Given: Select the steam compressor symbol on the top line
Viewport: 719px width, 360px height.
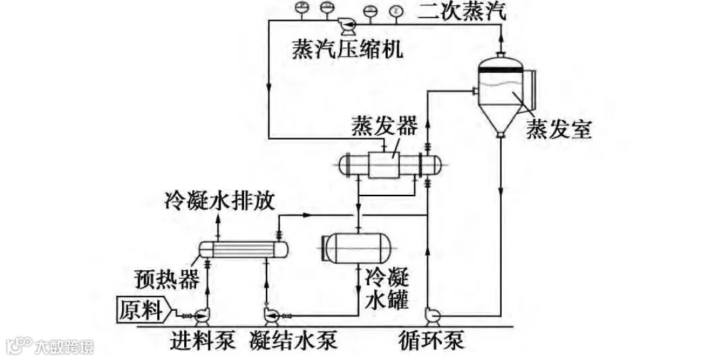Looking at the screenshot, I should pos(349,26).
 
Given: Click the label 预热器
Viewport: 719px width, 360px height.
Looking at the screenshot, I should pos(167,278).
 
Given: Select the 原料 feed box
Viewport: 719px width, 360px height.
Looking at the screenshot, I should pos(142,310).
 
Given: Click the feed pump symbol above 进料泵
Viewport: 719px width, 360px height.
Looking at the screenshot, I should pos(201,315).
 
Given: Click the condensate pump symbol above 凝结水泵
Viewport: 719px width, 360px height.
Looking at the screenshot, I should pos(272,315).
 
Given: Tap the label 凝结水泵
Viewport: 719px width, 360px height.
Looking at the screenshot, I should pos(292,340).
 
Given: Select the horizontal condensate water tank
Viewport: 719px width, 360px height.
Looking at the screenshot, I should pos(357,247).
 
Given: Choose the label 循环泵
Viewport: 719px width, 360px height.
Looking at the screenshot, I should pos(431,340).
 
